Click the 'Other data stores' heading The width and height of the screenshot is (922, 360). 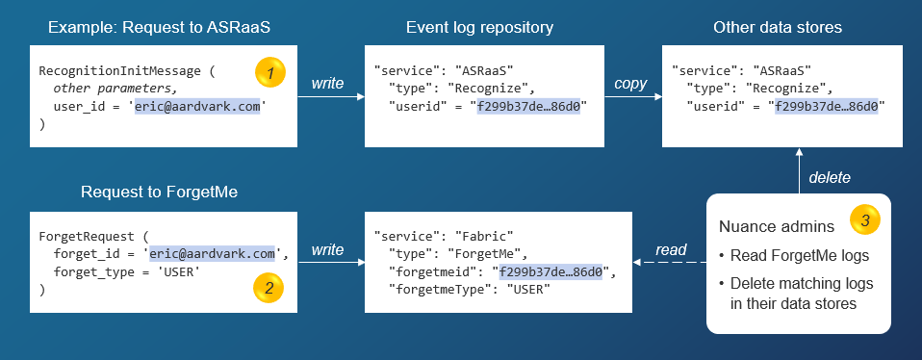coord(778,28)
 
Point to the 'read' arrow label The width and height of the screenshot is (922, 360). coord(671,250)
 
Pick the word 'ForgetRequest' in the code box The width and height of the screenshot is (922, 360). coord(83,235)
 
